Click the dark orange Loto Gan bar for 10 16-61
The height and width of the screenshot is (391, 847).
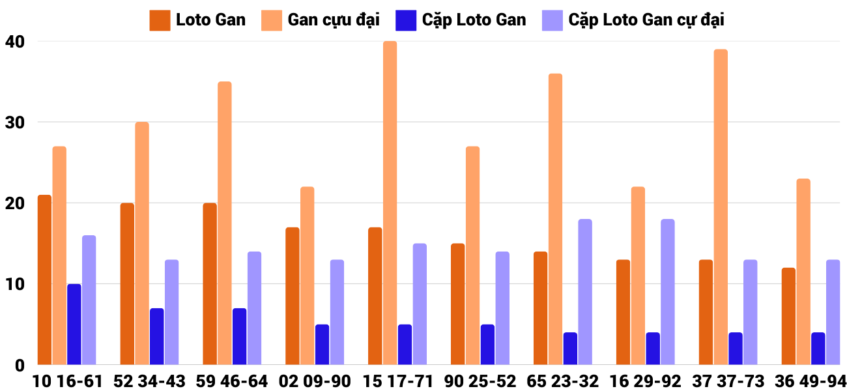tap(44, 280)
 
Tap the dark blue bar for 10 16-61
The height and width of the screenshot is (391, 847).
tap(74, 325)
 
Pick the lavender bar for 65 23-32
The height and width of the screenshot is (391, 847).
tap(585, 292)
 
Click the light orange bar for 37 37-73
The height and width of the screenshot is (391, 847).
tap(721, 207)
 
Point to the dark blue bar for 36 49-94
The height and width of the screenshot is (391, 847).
tap(818, 349)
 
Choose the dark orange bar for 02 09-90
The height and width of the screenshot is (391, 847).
tap(293, 296)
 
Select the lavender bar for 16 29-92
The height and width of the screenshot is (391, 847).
tap(668, 292)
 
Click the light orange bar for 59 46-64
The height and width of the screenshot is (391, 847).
tap(225, 223)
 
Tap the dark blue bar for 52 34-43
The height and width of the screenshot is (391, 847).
tap(157, 336)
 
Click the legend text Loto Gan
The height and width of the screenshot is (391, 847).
tap(210, 20)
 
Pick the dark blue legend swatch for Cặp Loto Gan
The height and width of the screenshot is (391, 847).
tap(405, 20)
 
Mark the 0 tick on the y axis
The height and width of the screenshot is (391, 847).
tap(20, 366)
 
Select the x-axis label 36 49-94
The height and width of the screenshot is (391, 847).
tap(811, 381)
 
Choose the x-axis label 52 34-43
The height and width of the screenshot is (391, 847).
tap(149, 381)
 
